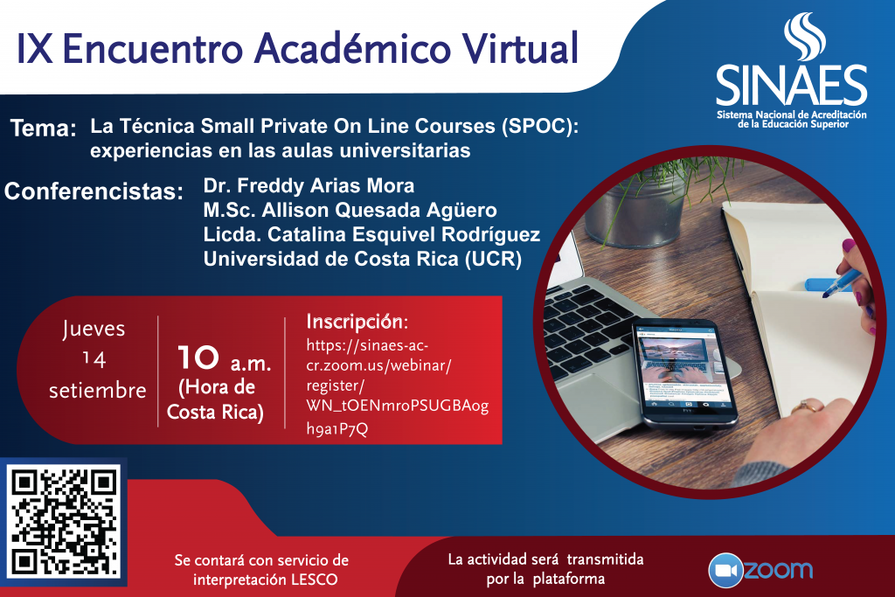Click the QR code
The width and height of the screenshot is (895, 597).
tap(64, 522)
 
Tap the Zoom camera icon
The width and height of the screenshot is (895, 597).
tap(725, 570)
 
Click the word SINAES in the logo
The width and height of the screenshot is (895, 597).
tap(791, 87)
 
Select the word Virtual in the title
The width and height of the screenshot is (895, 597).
tap(520, 48)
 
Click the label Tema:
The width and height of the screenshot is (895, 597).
tap(44, 128)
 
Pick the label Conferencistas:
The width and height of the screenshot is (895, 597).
tap(94, 191)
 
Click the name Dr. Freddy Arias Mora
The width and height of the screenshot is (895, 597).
tap(309, 185)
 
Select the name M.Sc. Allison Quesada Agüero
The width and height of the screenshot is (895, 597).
tap(350, 210)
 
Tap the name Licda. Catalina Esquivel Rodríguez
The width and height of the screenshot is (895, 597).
tap(371, 234)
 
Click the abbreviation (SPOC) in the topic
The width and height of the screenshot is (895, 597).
tap(539, 126)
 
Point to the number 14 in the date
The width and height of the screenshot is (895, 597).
tap(94, 359)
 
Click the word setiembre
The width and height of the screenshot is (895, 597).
tap(98, 391)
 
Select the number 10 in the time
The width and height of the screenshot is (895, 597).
tap(198, 358)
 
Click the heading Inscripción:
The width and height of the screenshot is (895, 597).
tap(357, 322)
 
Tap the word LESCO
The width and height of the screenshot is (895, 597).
tap(315, 580)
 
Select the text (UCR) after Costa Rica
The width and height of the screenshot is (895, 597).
tap(493, 259)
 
